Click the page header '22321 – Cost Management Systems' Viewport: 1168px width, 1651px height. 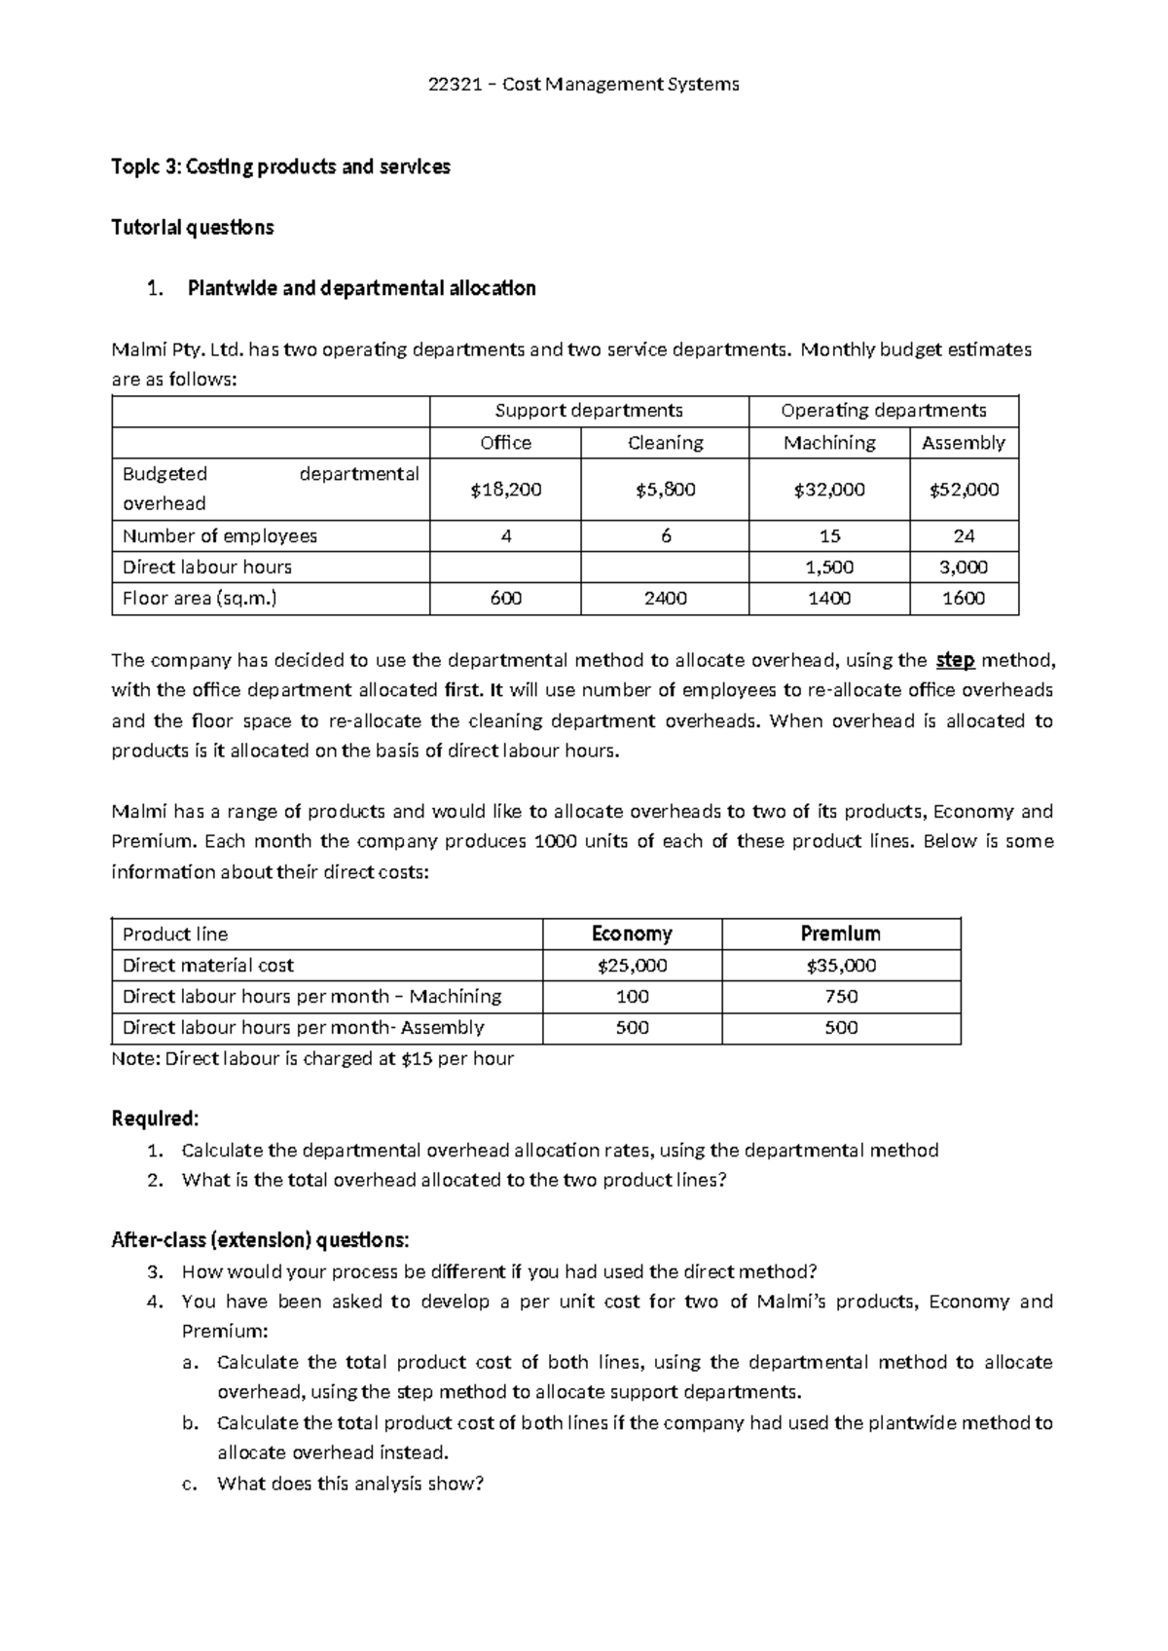coord(584,85)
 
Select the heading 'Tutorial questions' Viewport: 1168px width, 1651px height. coord(193,228)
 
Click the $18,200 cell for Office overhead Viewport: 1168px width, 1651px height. coord(505,490)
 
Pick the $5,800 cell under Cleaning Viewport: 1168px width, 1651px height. coord(665,490)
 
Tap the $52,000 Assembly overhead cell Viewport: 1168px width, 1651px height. coord(964,490)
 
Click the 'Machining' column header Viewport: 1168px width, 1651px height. coord(829,443)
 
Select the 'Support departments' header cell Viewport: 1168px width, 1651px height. coord(589,411)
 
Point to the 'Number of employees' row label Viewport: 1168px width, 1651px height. coord(220,536)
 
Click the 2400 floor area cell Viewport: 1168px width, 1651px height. coord(665,599)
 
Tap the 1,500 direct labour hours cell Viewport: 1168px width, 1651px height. coord(829,568)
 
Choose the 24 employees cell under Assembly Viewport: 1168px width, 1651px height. coord(964,536)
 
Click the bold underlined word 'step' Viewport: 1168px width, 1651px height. coord(955,660)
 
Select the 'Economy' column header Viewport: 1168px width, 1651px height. coord(632,935)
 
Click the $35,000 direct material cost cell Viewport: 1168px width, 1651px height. coord(841,966)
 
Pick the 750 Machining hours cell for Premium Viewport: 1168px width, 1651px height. coord(841,997)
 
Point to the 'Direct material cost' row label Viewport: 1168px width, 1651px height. coord(208,966)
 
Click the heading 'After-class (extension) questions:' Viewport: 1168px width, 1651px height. coord(261,1240)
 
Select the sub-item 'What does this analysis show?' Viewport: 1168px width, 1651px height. coord(350,1485)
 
